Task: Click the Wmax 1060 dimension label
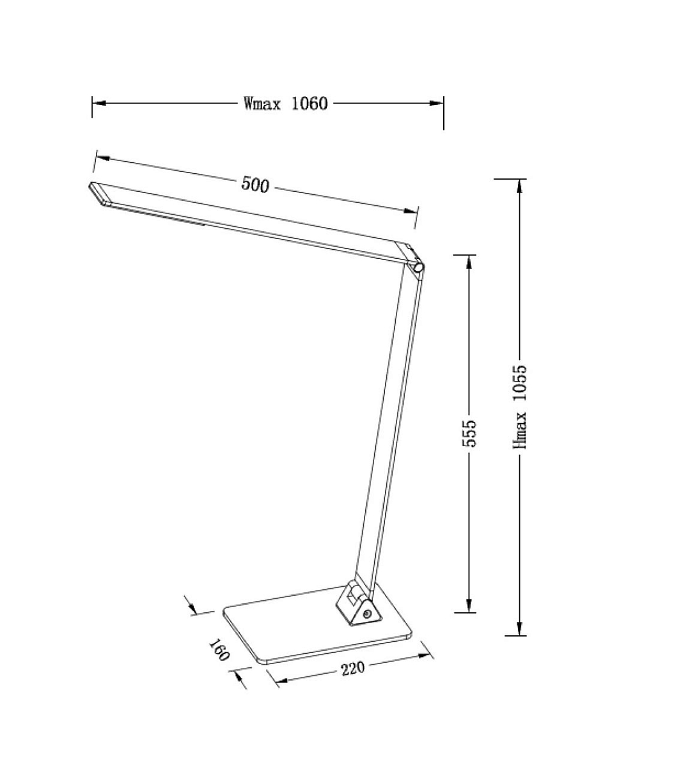click(x=285, y=104)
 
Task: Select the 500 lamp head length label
click(x=255, y=185)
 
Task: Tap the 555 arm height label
click(x=469, y=433)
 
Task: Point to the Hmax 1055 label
click(x=520, y=407)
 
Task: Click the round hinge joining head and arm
click(x=418, y=267)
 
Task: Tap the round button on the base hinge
click(x=366, y=614)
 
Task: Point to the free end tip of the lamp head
click(x=90, y=185)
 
